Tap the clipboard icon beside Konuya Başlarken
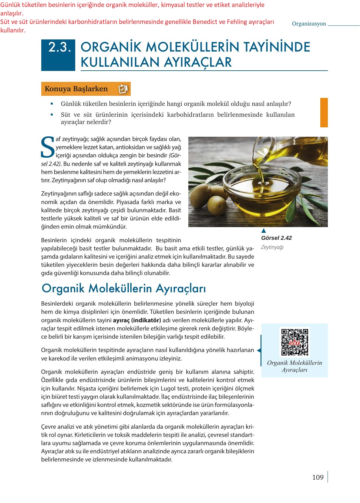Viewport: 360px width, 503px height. (x=123, y=89)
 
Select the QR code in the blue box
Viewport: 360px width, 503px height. (x=294, y=342)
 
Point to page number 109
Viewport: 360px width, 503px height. (x=318, y=478)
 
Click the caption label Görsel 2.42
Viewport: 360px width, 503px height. (x=276, y=238)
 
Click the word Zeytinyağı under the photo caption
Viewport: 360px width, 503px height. (x=272, y=247)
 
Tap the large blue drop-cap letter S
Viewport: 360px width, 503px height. (x=48, y=147)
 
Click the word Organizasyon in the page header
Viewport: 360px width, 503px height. (x=309, y=24)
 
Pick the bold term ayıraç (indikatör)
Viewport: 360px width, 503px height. (x=137, y=320)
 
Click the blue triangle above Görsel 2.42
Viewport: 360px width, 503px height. (x=264, y=231)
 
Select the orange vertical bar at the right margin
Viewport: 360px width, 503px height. (x=324, y=112)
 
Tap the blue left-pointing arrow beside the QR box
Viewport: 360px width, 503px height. (x=259, y=350)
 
